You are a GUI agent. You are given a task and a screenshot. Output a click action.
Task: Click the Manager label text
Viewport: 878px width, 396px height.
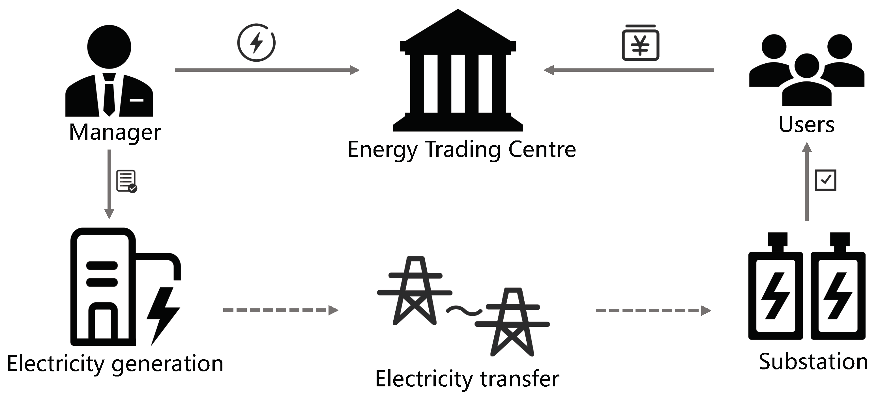click(115, 133)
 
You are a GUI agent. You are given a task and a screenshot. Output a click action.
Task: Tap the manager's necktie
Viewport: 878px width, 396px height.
click(109, 95)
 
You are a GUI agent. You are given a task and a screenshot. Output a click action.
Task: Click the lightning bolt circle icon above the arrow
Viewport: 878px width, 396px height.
click(256, 43)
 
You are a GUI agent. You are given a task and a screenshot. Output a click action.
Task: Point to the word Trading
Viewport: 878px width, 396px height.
click(463, 150)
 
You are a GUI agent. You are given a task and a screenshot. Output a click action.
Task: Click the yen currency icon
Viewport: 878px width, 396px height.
click(640, 44)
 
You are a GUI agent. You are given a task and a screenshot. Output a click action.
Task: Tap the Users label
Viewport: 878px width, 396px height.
click(806, 125)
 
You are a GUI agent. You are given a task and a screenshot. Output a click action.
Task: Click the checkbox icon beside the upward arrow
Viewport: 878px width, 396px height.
click(825, 180)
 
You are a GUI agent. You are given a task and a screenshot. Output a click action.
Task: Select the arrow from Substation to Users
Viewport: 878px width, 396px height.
click(806, 182)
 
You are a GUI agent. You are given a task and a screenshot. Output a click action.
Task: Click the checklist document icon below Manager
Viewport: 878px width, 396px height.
click(126, 181)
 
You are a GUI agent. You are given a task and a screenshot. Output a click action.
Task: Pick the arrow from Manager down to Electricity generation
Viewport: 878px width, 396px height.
click(109, 184)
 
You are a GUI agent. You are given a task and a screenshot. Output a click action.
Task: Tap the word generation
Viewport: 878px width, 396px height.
click(167, 364)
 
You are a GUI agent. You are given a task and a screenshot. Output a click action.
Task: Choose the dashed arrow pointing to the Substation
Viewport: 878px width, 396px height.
click(653, 310)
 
